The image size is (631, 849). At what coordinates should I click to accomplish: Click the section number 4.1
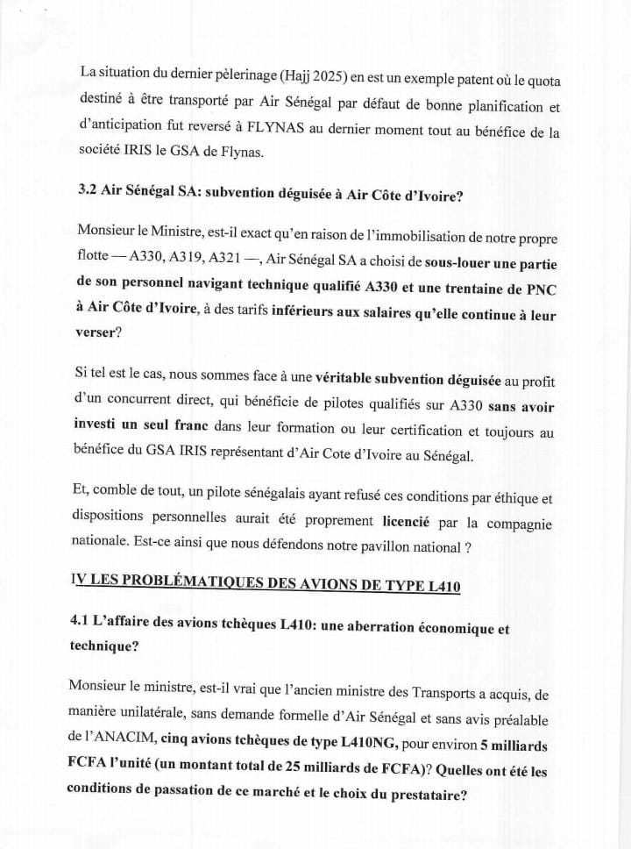tap(89, 629)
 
